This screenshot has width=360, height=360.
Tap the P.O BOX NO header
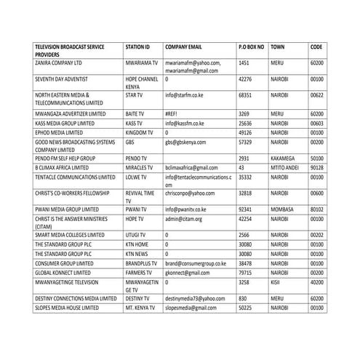coord(251,47)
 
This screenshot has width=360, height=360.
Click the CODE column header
coord(316,47)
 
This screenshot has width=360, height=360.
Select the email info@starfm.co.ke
coord(188,95)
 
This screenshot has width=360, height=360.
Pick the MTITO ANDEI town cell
coord(286,167)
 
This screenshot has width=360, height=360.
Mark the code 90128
coord(318,167)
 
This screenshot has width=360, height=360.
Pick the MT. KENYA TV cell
coord(140,308)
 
